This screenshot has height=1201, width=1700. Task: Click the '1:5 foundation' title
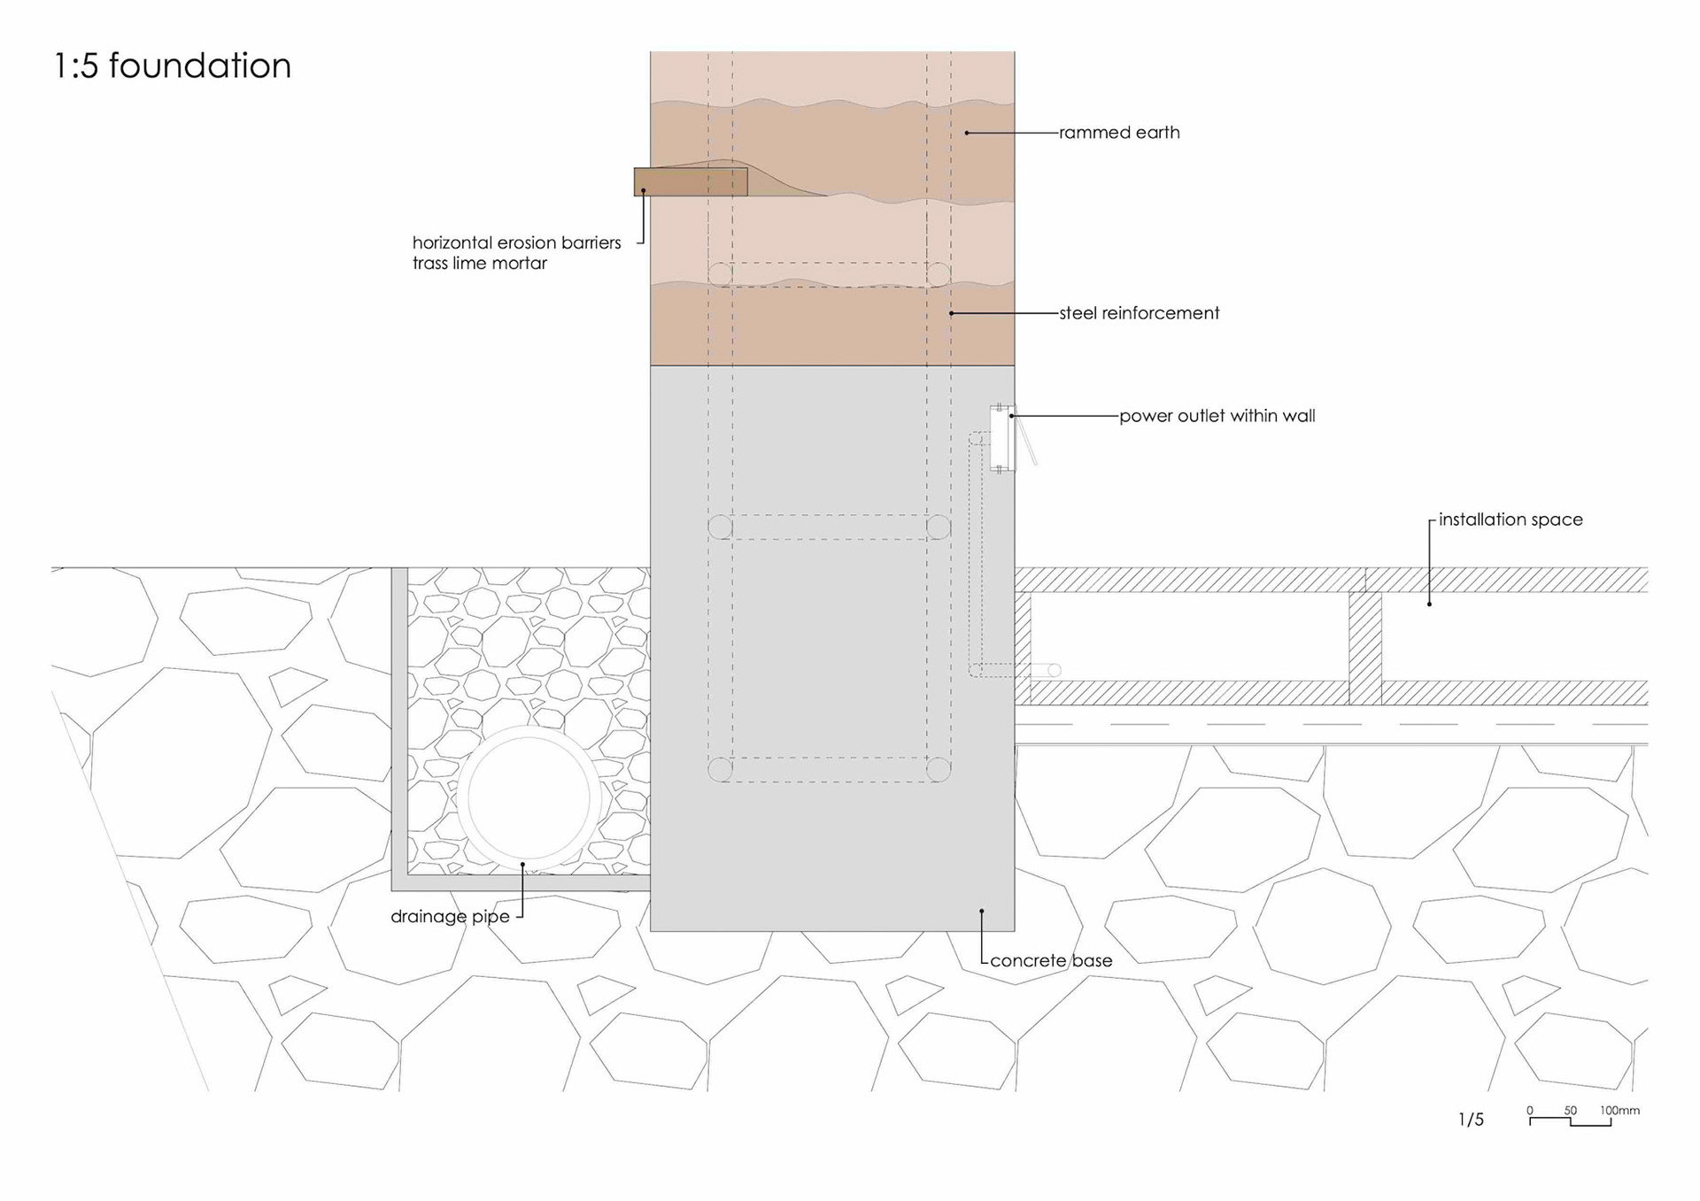[x=173, y=66]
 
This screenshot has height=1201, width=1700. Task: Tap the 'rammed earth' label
[x=1119, y=133]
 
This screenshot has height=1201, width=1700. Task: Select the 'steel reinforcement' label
[x=1139, y=313]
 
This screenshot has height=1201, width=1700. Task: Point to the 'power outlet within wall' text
[x=1217, y=416]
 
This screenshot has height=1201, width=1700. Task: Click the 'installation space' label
[x=1510, y=520]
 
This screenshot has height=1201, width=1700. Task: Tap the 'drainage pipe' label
[x=450, y=917]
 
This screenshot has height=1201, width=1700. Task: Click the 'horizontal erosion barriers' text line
[x=516, y=243]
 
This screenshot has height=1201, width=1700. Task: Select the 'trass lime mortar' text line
[x=479, y=264]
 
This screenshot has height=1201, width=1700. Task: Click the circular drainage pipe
[x=528, y=798]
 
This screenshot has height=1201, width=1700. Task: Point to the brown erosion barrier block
[x=690, y=182]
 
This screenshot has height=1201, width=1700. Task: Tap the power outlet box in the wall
[x=1001, y=438]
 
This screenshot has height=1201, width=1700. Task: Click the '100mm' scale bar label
[x=1619, y=1110]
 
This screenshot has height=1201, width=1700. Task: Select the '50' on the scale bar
[x=1570, y=1110]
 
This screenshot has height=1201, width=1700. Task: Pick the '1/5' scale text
[x=1471, y=1120]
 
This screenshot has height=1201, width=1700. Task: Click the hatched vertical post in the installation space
[x=1364, y=648]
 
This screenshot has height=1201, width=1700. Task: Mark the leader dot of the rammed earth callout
[x=967, y=133]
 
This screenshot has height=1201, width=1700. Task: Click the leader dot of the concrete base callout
[x=981, y=911]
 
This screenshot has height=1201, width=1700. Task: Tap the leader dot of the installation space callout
[x=1429, y=604]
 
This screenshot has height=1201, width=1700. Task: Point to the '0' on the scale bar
[x=1530, y=1110]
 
